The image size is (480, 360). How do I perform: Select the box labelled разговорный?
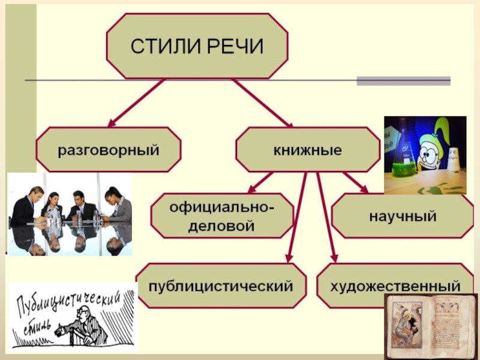(x=108, y=150)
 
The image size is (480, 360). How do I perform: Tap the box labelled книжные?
(x=307, y=150)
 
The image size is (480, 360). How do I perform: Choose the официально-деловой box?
(x=222, y=218)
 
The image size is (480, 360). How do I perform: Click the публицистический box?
(x=222, y=286)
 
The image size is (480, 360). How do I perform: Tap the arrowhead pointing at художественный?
(x=334, y=256)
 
